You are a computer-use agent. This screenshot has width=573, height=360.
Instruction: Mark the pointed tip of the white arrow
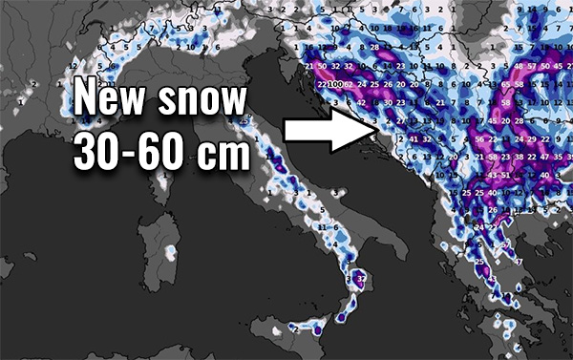[371, 128]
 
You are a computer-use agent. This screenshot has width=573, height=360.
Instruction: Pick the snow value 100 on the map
[335, 85]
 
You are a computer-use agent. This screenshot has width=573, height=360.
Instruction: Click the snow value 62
[349, 85]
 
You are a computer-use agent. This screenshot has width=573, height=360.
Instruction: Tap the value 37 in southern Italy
[360, 278]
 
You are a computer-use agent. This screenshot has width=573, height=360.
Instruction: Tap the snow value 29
[531, 139]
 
